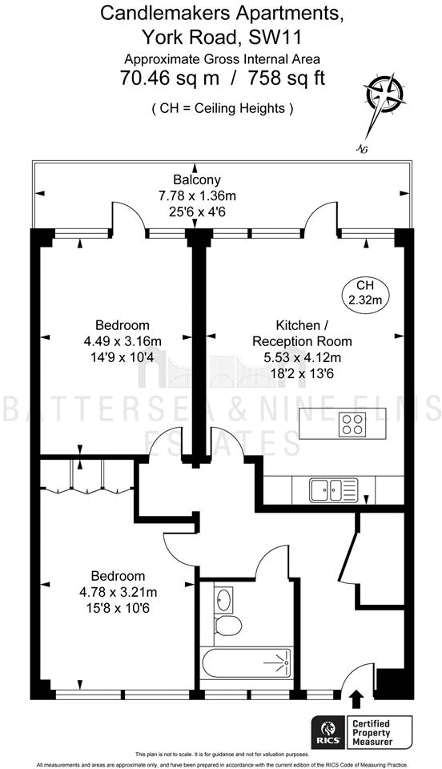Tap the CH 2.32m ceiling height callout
pos(364,293)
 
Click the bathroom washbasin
pos(224,598)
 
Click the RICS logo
pos(328,731)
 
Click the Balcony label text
pos(196,179)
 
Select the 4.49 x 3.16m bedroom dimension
pos(122,340)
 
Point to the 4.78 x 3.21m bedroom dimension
pos(118,592)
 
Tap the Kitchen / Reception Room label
pos(313,333)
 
